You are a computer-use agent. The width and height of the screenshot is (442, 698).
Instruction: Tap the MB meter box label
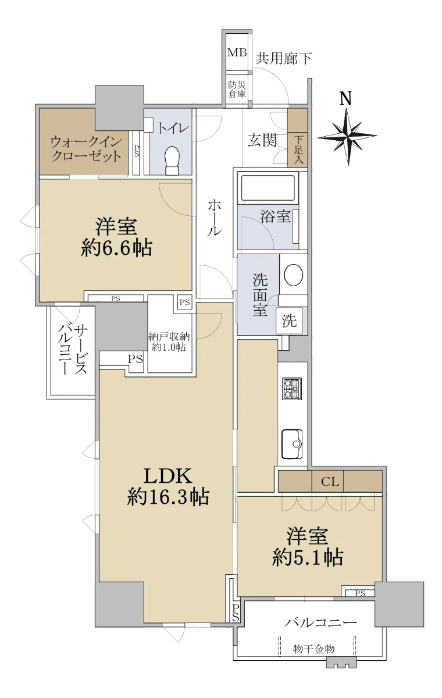[x=237, y=52]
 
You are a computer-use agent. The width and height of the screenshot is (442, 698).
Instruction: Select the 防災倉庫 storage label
[x=237, y=90]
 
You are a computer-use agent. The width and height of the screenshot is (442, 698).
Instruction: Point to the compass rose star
[x=347, y=136]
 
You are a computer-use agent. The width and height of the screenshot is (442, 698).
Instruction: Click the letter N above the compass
[x=345, y=98]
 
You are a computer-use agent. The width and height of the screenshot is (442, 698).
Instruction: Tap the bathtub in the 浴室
[x=268, y=188]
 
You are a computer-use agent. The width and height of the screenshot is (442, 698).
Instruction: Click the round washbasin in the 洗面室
[x=294, y=275]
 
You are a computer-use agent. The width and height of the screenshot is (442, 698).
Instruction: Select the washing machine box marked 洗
[x=289, y=320]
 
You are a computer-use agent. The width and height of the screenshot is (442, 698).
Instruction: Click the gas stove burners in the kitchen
[x=292, y=389]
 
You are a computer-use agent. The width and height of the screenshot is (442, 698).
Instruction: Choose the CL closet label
[x=330, y=482]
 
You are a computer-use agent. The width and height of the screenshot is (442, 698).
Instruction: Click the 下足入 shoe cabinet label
[x=298, y=149]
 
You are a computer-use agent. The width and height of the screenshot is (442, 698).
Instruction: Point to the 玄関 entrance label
[x=262, y=141]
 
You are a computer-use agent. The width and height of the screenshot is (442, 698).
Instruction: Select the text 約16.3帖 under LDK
[x=168, y=497]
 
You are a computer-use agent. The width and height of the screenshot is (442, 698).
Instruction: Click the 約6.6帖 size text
[x=117, y=249]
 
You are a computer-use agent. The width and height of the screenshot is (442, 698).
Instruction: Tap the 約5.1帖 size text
[x=308, y=557]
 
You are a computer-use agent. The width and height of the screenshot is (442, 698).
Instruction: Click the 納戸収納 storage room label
[x=169, y=337]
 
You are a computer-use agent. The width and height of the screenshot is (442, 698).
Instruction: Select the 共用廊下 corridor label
[x=284, y=58]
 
